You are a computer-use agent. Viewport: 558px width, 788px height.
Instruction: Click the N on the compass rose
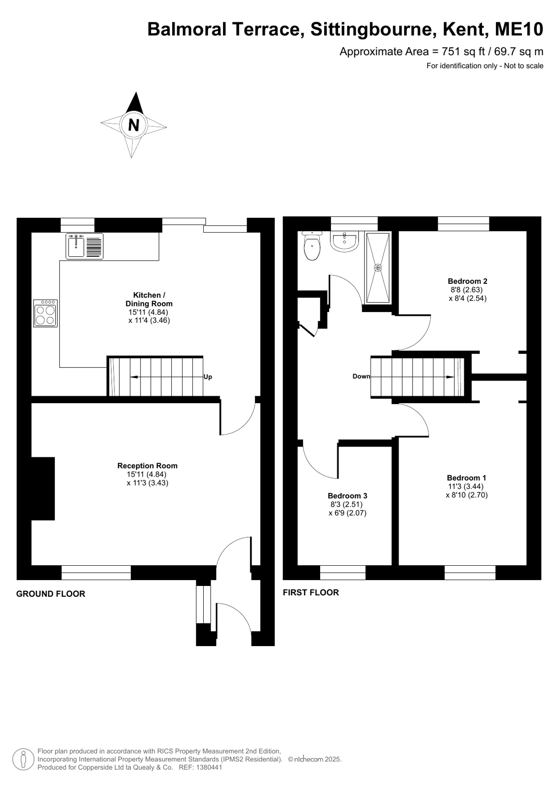click(134, 125)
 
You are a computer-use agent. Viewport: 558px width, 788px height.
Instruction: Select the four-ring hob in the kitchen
click(45, 313)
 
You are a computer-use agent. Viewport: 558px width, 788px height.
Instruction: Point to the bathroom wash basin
click(344, 241)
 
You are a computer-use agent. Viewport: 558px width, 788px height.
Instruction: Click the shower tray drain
click(378, 268)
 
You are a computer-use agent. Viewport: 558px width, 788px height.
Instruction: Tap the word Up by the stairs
click(208, 377)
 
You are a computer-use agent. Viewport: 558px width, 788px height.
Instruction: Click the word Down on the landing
click(362, 377)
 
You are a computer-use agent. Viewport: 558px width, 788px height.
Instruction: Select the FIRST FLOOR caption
click(311, 593)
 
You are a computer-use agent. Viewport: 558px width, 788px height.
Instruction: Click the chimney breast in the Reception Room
click(43, 489)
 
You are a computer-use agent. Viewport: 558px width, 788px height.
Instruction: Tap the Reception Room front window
click(96, 573)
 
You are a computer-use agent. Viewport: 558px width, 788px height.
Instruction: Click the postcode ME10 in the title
click(519, 29)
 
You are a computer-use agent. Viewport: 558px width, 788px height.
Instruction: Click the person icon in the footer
click(24, 759)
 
